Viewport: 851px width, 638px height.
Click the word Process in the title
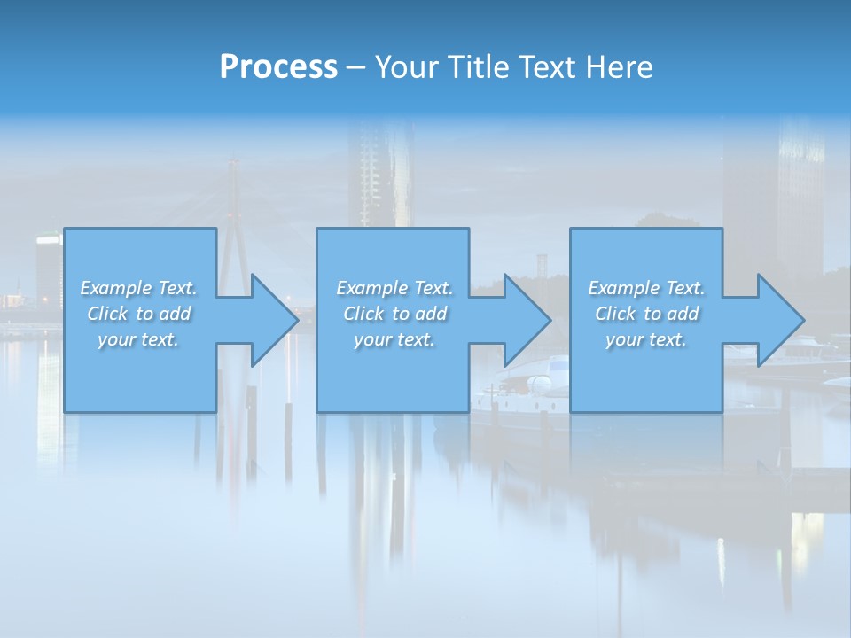(278, 67)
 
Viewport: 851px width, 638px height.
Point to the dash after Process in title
(355, 68)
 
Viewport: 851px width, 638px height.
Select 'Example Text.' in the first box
(138, 288)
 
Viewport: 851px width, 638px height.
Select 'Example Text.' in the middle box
(394, 288)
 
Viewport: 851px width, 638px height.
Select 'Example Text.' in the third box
(646, 288)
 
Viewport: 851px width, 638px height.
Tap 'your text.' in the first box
(138, 339)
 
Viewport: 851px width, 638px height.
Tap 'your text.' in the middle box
(394, 339)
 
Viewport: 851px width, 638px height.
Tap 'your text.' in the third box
(646, 339)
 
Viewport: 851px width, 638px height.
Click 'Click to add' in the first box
(138, 314)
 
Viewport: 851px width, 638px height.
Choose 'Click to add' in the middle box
(394, 314)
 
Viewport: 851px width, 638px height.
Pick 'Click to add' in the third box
(646, 314)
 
